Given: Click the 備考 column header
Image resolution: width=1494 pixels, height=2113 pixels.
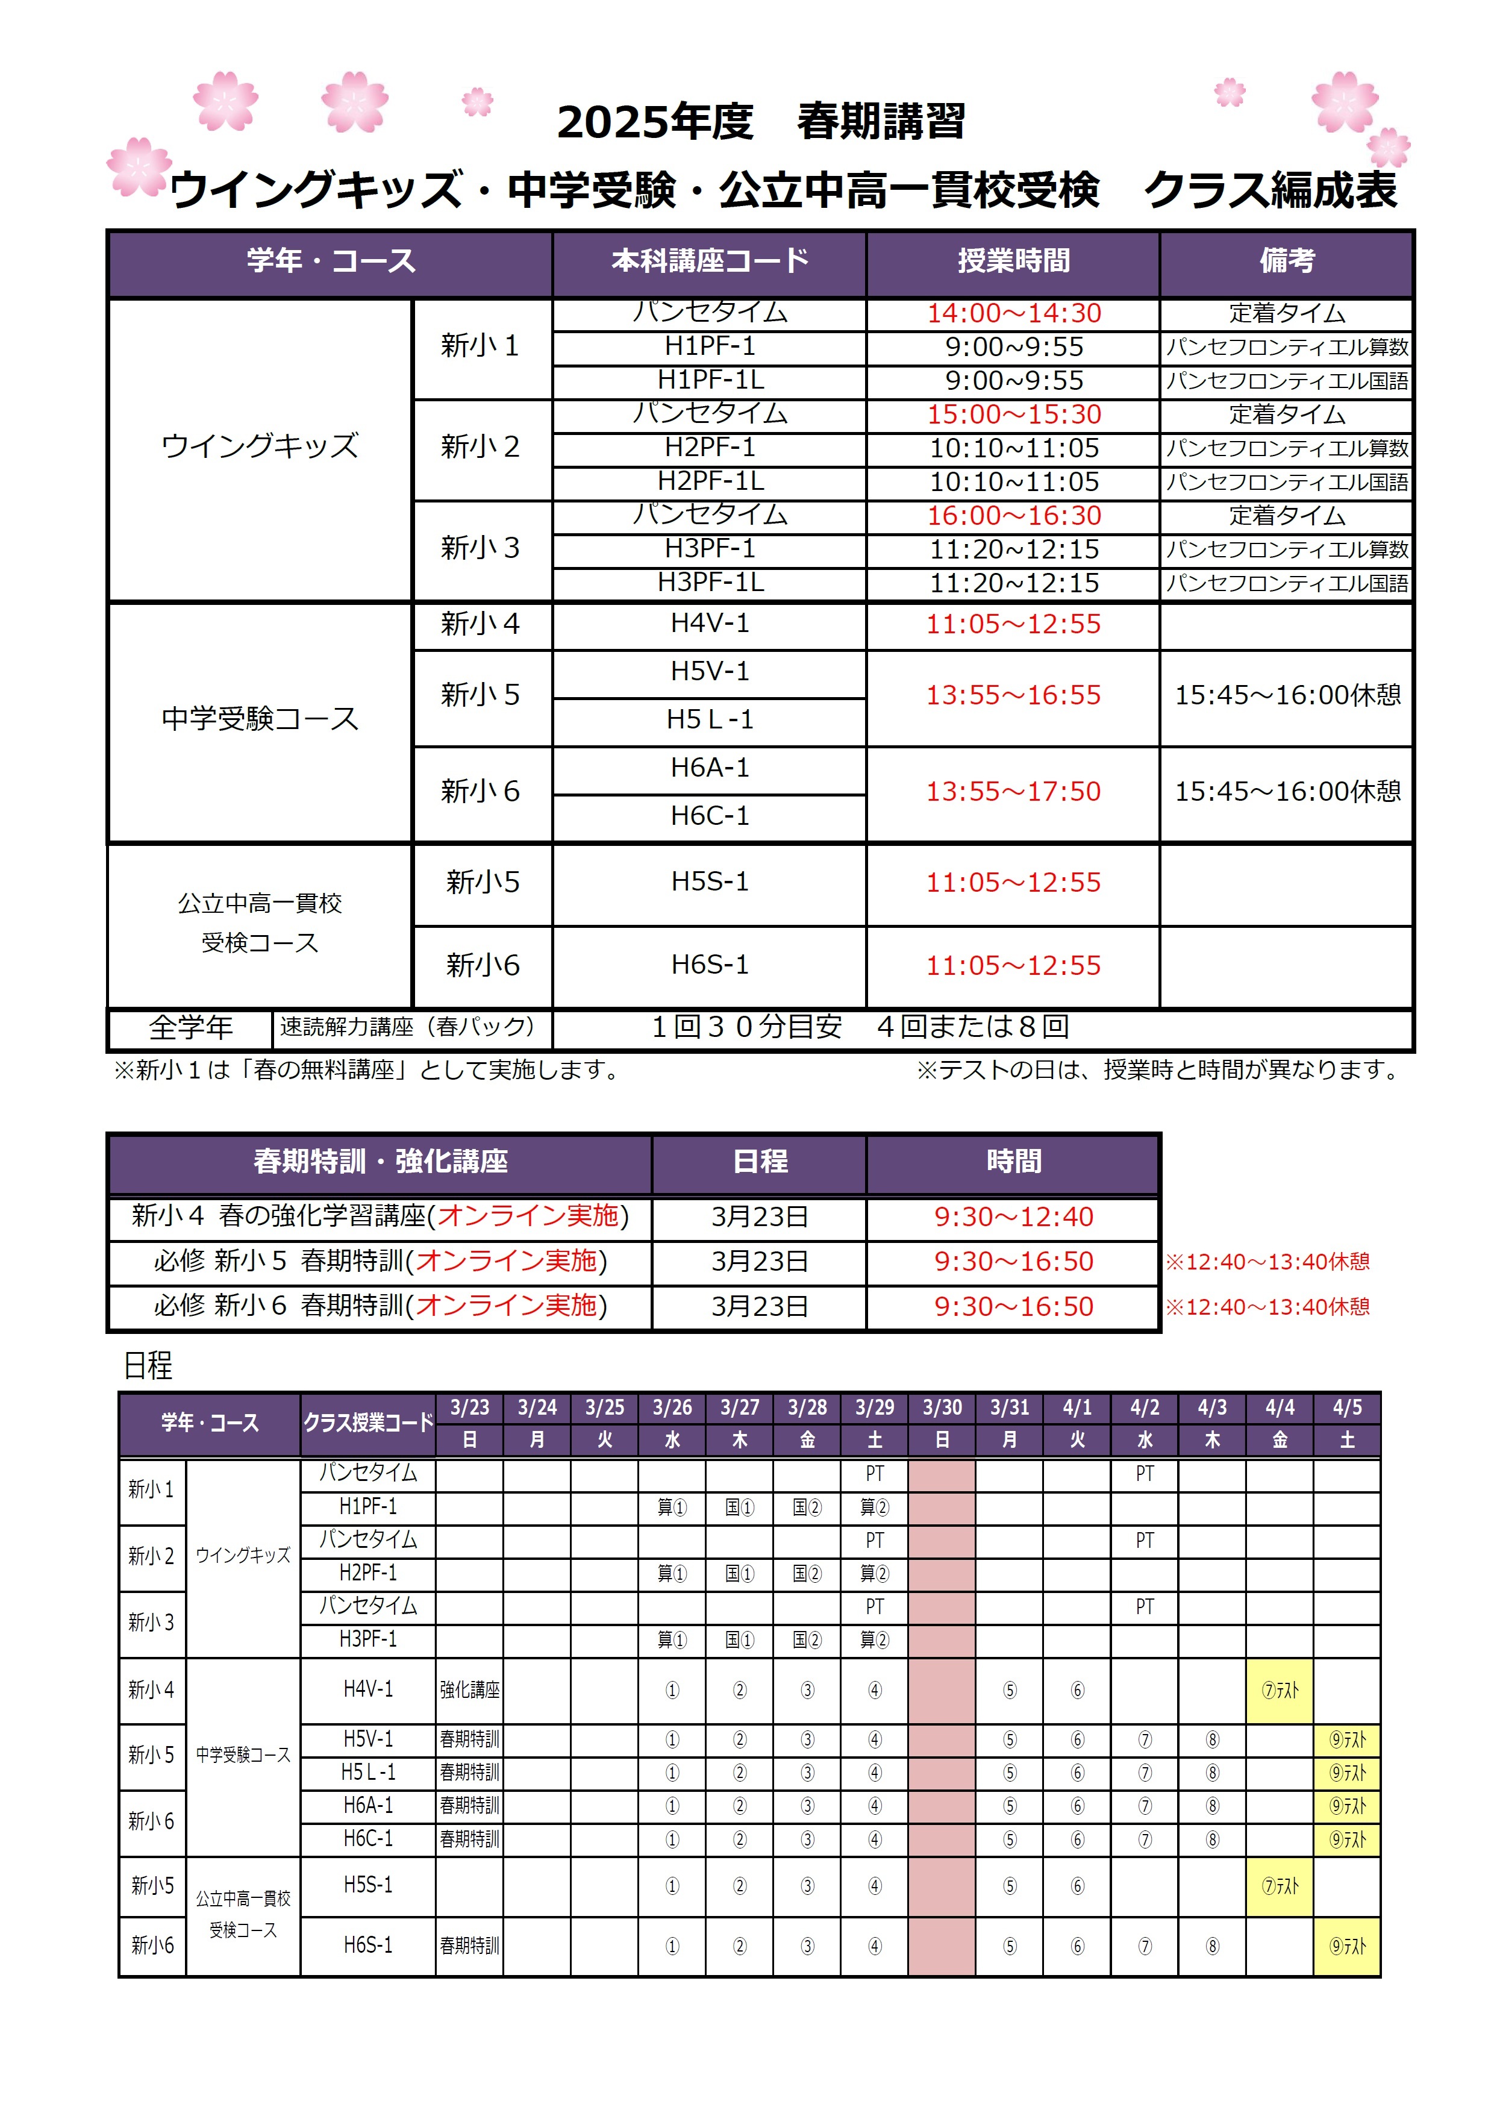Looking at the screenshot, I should click(x=1286, y=261).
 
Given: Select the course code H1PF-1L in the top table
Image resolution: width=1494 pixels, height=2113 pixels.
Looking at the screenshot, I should click(x=710, y=380).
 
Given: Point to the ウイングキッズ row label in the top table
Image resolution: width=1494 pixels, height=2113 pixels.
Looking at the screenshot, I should click(x=260, y=446).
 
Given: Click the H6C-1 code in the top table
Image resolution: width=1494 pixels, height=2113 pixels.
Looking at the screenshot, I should click(x=710, y=815).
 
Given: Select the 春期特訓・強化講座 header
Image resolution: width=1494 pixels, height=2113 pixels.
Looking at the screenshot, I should click(x=380, y=1162).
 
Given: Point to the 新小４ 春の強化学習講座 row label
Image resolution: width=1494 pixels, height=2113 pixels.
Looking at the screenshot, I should click(x=380, y=1216).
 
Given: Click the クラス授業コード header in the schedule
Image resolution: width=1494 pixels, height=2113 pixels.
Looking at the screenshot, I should click(x=368, y=1423).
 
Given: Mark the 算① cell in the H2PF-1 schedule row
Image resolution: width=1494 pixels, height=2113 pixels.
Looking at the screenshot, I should click(x=672, y=1574).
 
